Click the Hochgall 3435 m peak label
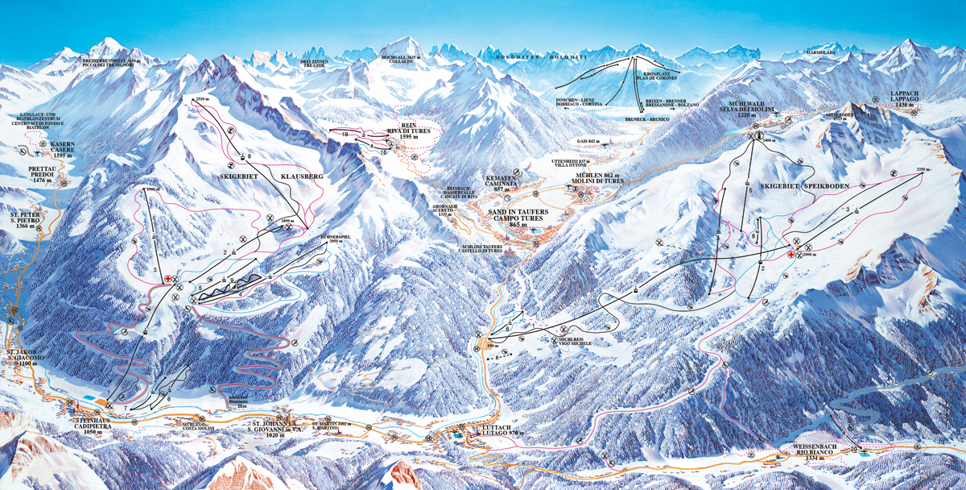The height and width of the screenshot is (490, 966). (400, 60)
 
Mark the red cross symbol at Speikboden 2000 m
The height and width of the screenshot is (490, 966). (791, 255)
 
